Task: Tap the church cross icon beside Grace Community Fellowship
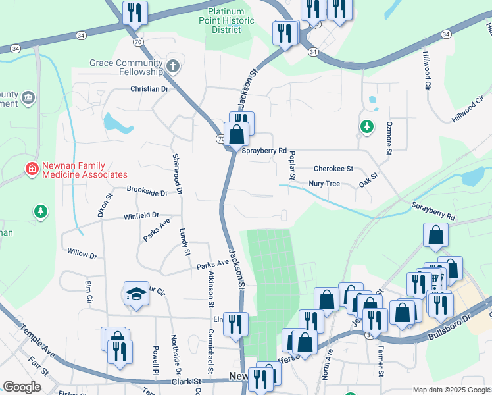173,66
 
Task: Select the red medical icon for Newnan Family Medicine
31,169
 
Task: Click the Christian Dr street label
149,89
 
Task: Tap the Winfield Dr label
141,215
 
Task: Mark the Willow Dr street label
82,253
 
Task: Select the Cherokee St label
333,169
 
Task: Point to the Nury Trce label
324,184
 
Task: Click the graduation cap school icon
137,293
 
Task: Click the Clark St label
186,381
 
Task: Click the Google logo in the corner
22,387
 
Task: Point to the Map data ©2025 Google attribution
452,390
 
